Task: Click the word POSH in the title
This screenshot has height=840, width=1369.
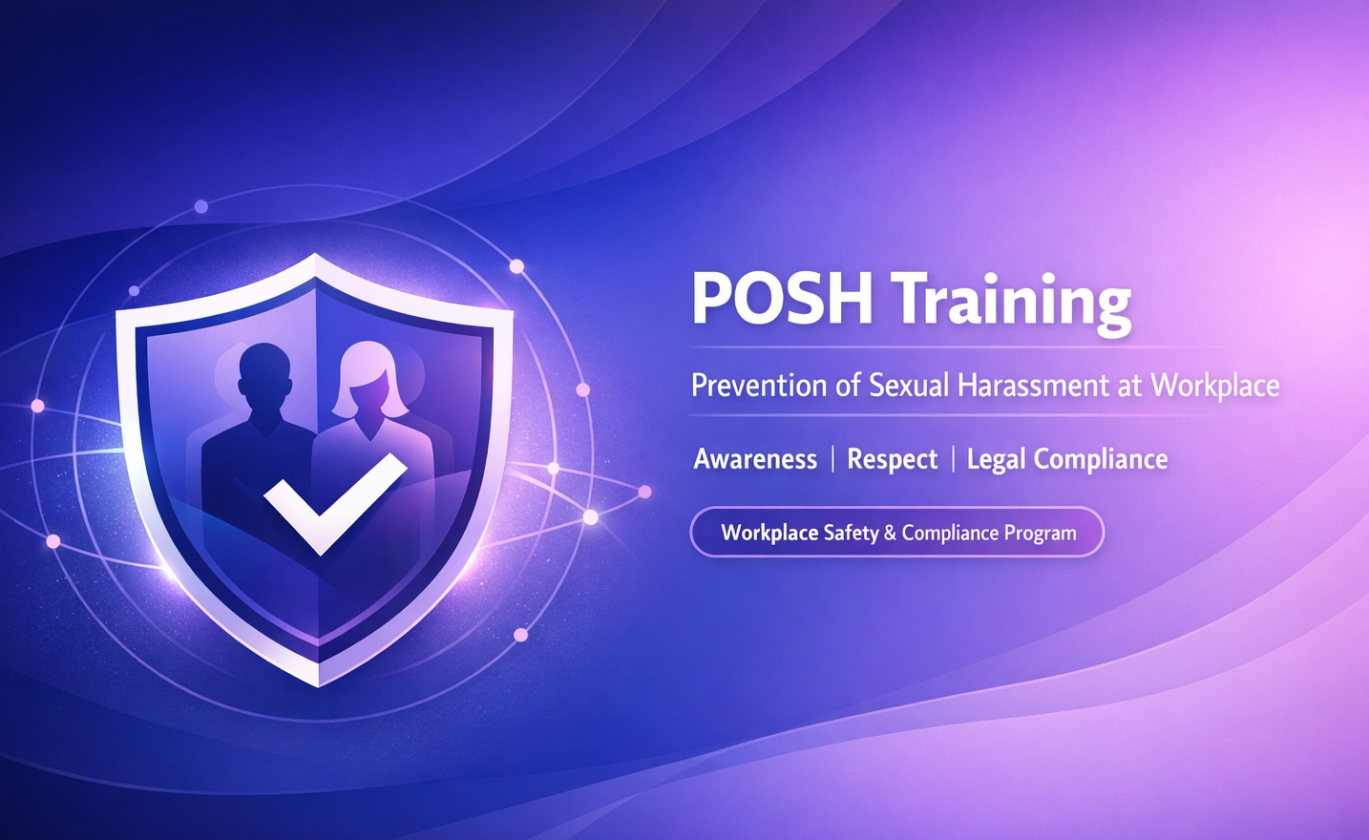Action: coord(782,300)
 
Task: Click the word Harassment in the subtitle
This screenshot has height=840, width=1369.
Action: coord(1032,386)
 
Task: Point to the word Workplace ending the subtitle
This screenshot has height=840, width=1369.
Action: coord(1214,386)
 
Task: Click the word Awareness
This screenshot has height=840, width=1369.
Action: coord(755,459)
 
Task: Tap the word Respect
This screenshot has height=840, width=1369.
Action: coord(893,459)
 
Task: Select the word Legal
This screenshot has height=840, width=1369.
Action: coord(996,460)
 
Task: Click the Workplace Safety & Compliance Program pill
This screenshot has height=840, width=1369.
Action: coord(896,533)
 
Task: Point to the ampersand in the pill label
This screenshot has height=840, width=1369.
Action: coord(890,533)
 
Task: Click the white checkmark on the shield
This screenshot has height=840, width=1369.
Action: coord(333,502)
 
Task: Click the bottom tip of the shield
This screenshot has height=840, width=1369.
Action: coord(318,683)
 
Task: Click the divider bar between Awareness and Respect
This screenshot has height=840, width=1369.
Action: coord(832,459)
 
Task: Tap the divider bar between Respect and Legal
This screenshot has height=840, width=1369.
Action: coord(953,459)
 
